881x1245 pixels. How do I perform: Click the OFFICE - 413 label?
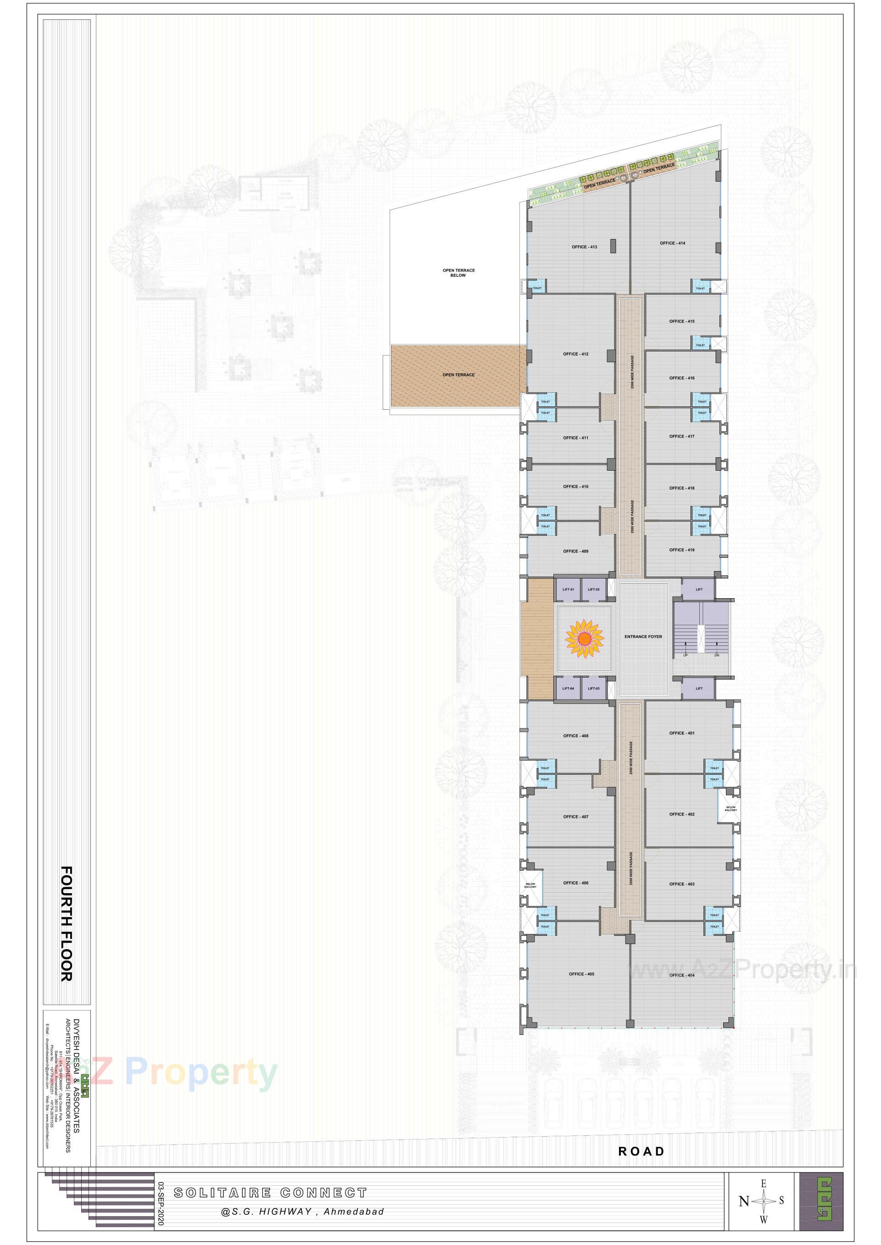(x=584, y=247)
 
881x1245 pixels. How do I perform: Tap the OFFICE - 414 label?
(x=672, y=243)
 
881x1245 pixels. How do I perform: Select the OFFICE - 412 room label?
(x=575, y=354)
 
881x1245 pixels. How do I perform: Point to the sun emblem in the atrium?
(x=584, y=639)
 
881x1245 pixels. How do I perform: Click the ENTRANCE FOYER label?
(x=643, y=637)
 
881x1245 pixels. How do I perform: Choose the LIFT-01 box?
(x=568, y=589)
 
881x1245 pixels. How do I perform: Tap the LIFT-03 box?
(x=593, y=689)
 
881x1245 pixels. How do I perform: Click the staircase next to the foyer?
(x=701, y=637)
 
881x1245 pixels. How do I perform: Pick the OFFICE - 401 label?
(x=681, y=733)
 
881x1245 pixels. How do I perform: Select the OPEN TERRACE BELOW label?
(x=458, y=273)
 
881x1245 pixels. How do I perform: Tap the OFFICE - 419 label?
(x=681, y=550)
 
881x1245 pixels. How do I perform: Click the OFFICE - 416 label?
(x=681, y=378)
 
